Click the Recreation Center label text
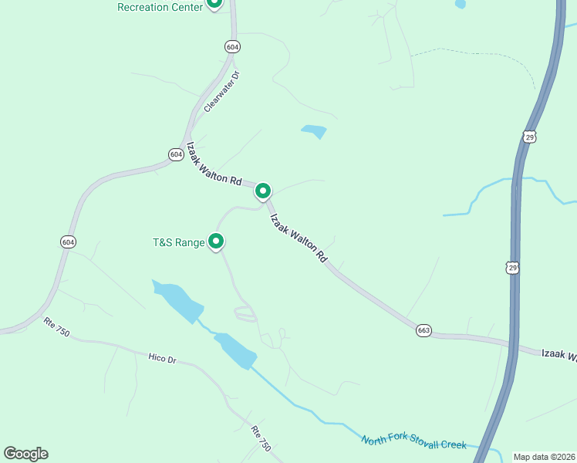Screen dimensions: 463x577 coord(160,7)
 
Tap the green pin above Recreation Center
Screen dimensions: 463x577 coord(215,2)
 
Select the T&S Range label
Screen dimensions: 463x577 coord(178,243)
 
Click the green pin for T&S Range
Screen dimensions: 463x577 coord(217,242)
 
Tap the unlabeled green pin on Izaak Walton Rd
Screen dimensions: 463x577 coord(263,190)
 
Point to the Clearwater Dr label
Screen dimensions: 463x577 coord(222,92)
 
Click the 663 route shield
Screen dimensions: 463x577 coord(423,330)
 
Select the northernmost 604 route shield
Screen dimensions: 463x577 coord(233,47)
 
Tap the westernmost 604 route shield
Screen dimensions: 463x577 coord(68,242)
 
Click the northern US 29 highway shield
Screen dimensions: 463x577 coord(529,137)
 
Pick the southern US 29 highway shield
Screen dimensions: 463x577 coord(512,267)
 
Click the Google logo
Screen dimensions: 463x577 coord(25,454)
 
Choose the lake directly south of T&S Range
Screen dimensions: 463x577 coord(178,299)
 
